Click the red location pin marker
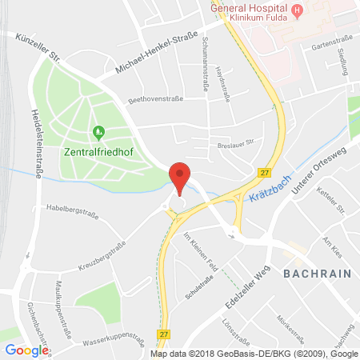coord(181,177)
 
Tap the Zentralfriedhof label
coord(98,148)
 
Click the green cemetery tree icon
coord(98,131)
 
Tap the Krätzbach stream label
coord(269,193)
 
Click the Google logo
coord(26,350)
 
